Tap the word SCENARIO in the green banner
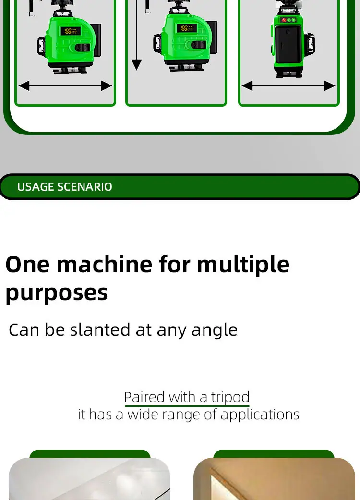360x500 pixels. [x=84, y=187]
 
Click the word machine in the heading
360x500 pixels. [x=105, y=264]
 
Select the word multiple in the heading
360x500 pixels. [x=243, y=265]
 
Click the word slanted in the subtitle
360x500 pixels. [x=100, y=329]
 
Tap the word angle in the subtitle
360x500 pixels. [x=215, y=330]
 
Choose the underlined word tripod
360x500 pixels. [x=230, y=398]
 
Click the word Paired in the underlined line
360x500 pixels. [x=144, y=397]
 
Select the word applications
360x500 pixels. [x=260, y=415]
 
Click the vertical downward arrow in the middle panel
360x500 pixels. [x=136, y=35]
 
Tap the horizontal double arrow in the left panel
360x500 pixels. [x=65, y=86]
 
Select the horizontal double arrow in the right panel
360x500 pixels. [x=288, y=86]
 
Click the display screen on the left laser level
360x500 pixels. [x=71, y=31]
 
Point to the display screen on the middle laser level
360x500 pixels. [x=187, y=28]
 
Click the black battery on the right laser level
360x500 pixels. [x=288, y=45]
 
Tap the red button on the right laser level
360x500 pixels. [x=284, y=20]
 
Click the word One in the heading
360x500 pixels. [x=28, y=265]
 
